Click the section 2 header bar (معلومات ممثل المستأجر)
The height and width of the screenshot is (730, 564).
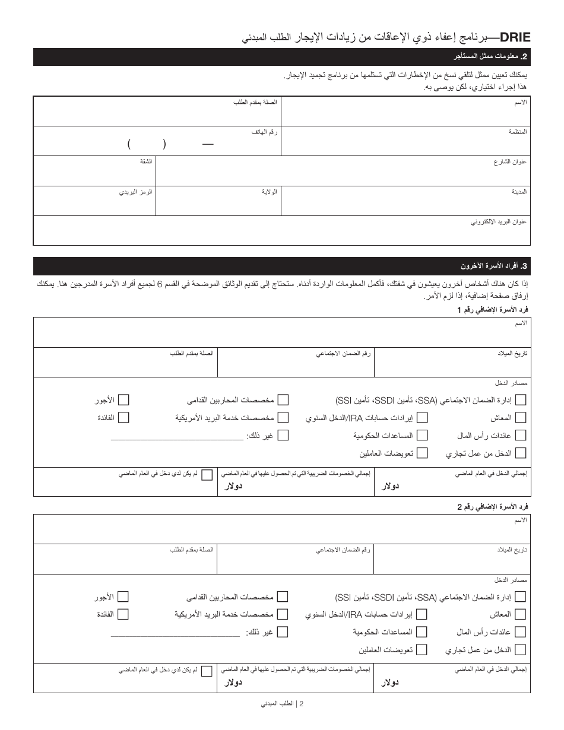(x=282, y=57)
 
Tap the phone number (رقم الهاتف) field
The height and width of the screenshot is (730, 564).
(x=157, y=143)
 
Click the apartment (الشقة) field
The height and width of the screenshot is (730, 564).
(x=94, y=172)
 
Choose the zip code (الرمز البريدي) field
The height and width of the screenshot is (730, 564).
(x=94, y=202)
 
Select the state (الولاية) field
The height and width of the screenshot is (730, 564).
(x=218, y=202)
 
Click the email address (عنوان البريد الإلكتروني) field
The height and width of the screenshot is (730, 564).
(x=282, y=232)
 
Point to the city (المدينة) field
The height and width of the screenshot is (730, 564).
(x=405, y=202)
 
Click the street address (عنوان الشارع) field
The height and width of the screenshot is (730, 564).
(x=343, y=172)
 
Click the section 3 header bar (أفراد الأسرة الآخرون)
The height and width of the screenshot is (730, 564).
(x=282, y=266)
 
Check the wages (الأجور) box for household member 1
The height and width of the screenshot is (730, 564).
(x=123, y=400)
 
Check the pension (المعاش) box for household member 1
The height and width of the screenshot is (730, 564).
(x=521, y=418)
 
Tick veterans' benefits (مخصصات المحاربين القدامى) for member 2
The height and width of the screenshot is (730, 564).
(x=283, y=596)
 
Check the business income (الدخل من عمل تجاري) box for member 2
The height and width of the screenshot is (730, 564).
(x=521, y=650)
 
